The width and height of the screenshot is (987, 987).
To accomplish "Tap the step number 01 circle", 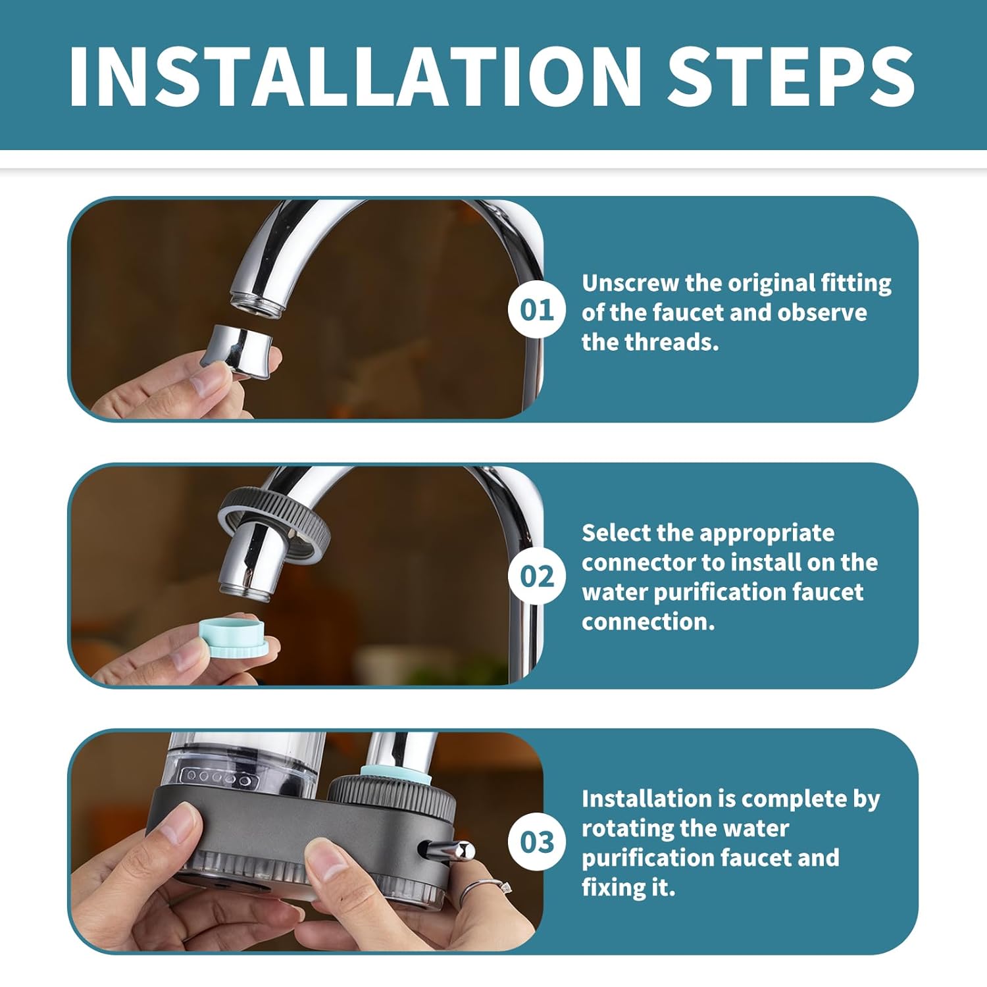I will pos(536,309).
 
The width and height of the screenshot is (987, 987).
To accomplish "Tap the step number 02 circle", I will pos(536,576).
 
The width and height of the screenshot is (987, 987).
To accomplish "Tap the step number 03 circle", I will pos(536,842).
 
